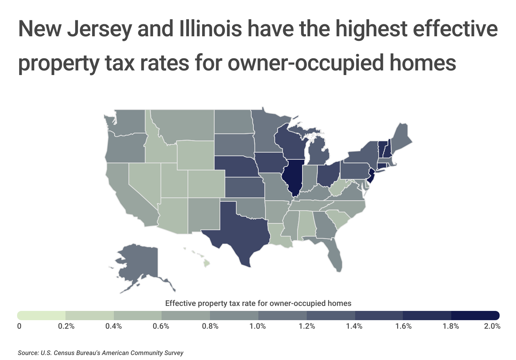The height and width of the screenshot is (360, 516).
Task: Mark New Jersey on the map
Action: click(371, 176)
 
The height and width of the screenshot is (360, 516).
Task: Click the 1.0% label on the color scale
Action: click(258, 326)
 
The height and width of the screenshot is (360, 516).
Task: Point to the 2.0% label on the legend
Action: click(492, 326)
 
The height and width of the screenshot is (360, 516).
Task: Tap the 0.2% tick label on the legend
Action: click(66, 326)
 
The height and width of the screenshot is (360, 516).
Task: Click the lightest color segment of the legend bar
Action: click(41, 316)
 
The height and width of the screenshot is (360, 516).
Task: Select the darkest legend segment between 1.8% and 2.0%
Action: click(475, 316)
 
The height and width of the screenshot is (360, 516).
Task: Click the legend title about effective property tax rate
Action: click(258, 303)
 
